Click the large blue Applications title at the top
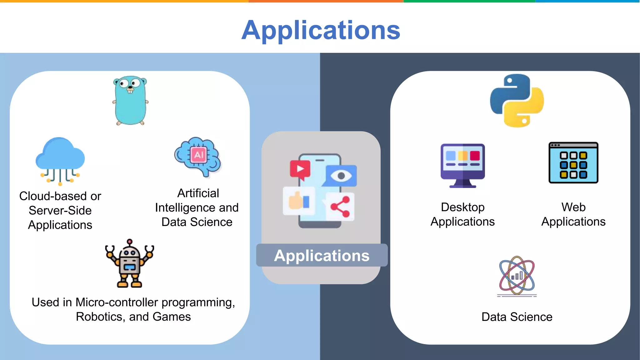click(x=321, y=30)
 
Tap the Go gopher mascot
click(x=130, y=100)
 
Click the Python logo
click(x=517, y=101)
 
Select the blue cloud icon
click(x=60, y=159)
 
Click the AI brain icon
click(x=198, y=156)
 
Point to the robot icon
click(x=130, y=264)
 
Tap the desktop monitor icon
click(x=462, y=165)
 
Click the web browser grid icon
click(x=573, y=163)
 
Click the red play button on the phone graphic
click(x=300, y=169)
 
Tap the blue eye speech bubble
click(x=341, y=176)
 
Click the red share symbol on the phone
click(x=340, y=207)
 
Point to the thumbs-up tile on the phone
click(x=298, y=201)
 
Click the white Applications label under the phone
click(x=322, y=256)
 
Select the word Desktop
click(x=462, y=207)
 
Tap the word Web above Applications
click(x=573, y=207)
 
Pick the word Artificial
click(x=198, y=193)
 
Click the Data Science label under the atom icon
click(x=517, y=317)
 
